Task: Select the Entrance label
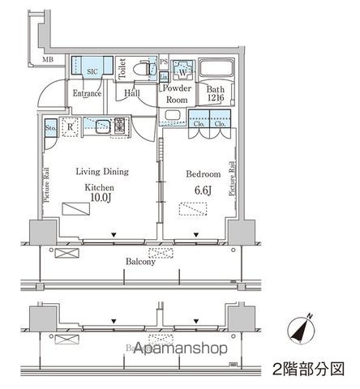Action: point(88,93)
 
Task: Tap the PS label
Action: point(163,61)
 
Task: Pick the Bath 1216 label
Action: point(215,93)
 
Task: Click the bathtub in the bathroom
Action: point(215,70)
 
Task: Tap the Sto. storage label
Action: point(50,126)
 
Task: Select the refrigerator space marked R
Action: point(71,126)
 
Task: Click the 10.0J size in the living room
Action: point(98,197)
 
